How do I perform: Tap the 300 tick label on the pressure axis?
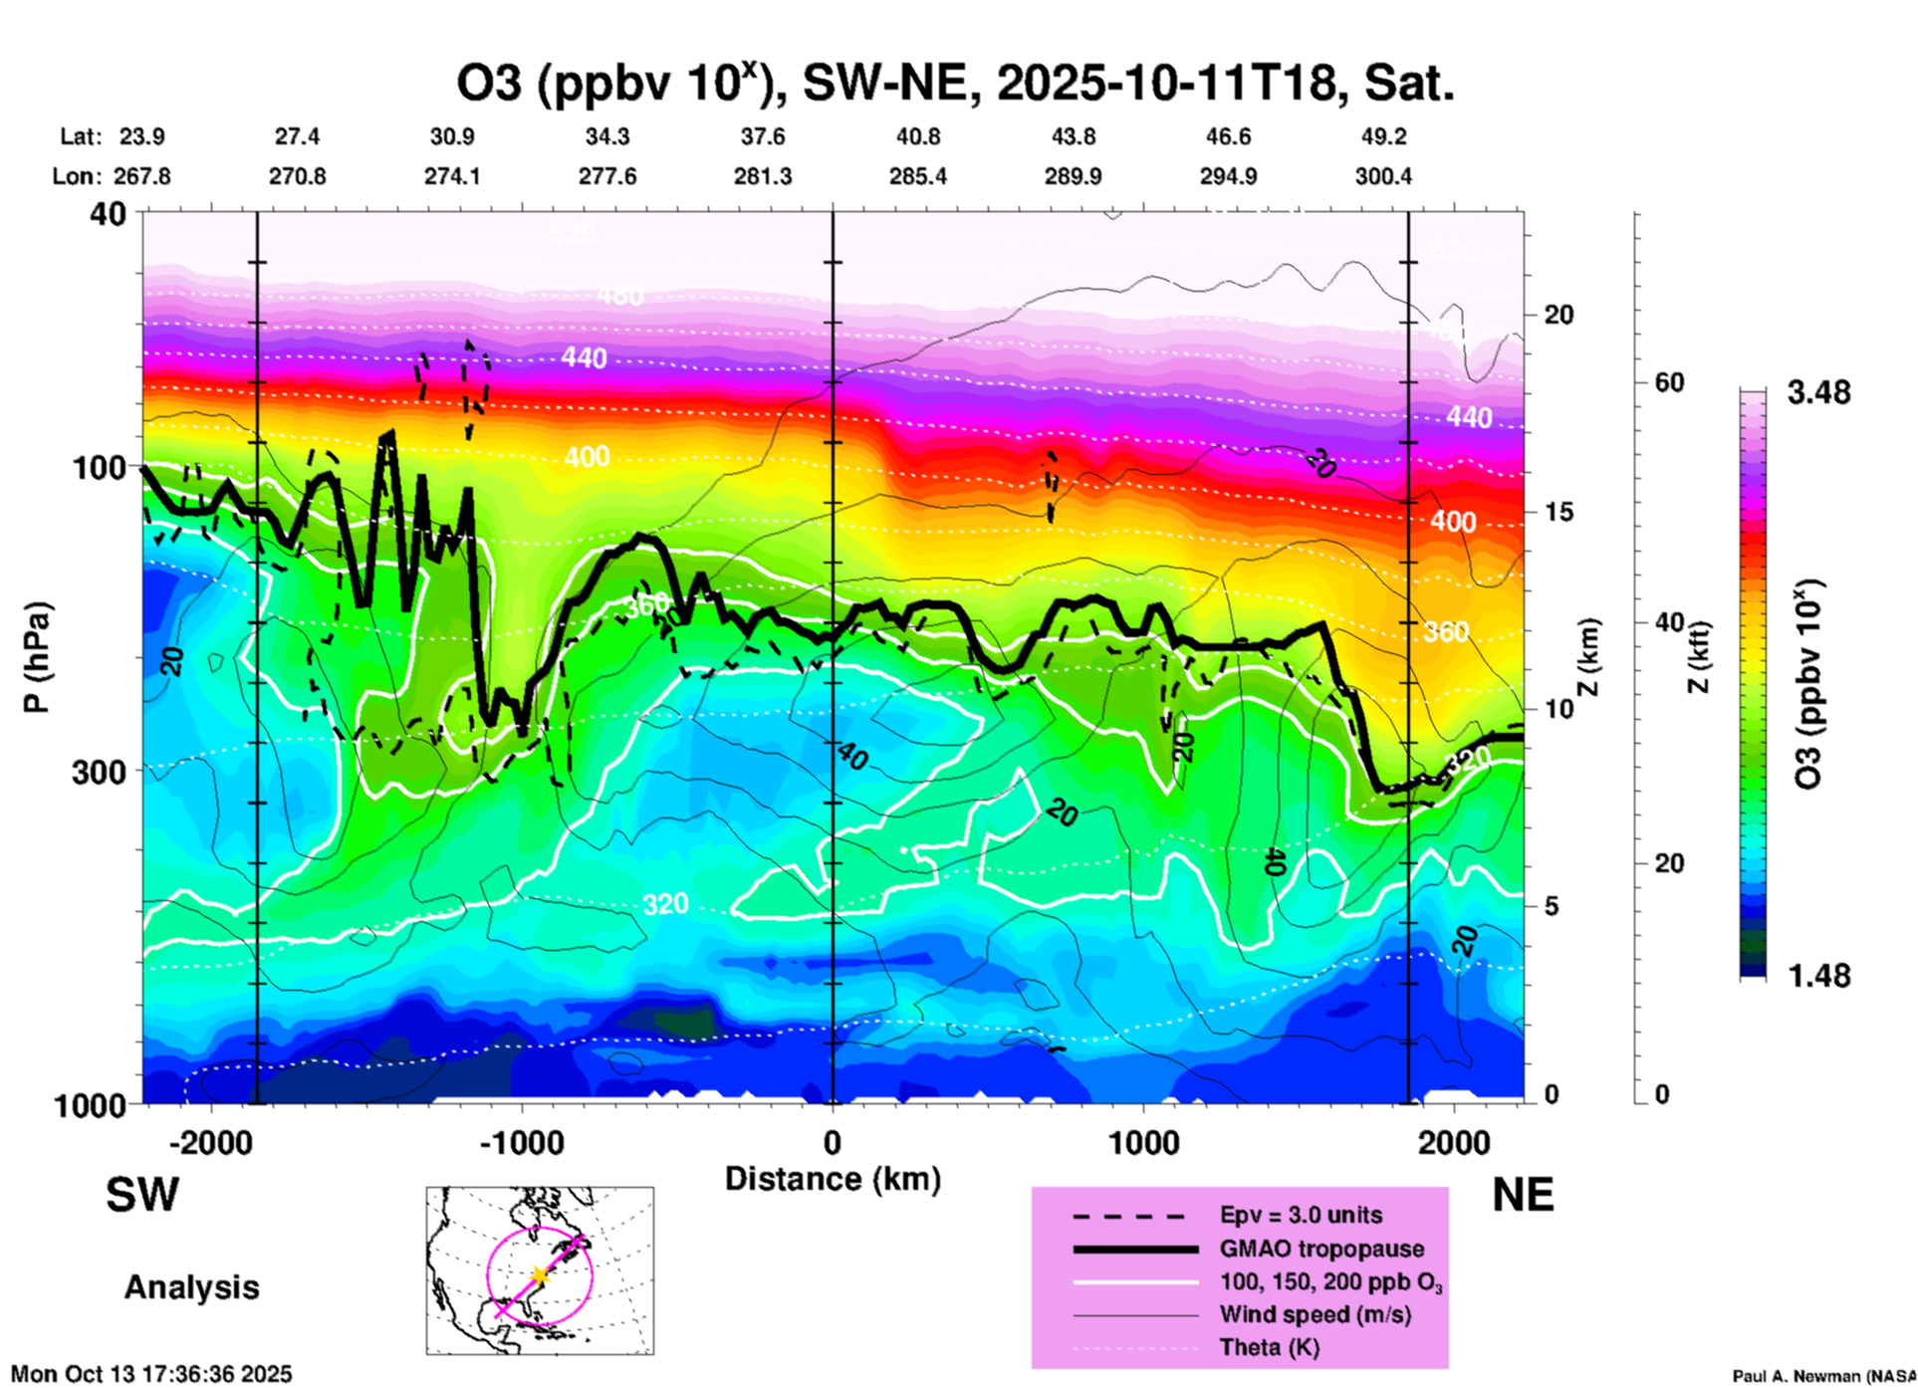coord(100,772)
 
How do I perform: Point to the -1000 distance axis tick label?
coord(521,1142)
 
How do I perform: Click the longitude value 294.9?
coord(1228,176)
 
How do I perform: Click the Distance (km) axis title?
coord(833,1179)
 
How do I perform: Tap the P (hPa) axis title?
coord(37,657)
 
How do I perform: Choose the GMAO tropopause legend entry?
coord(1320,1249)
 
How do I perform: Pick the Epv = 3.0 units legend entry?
coord(1300,1216)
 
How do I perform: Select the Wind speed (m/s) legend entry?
coord(1315,1314)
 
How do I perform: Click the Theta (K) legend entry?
coord(1269,1347)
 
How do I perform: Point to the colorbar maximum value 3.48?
coord(1818,392)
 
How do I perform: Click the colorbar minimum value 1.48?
coord(1818,975)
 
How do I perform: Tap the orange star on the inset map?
coord(539,1274)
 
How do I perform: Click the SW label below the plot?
coord(142,1195)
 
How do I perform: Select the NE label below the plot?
coord(1523,1195)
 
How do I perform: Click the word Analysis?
coord(191,1287)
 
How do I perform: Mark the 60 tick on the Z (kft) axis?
coord(1670,382)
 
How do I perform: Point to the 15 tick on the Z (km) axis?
coord(1558,512)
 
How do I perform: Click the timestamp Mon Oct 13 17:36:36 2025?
coord(151,1374)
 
